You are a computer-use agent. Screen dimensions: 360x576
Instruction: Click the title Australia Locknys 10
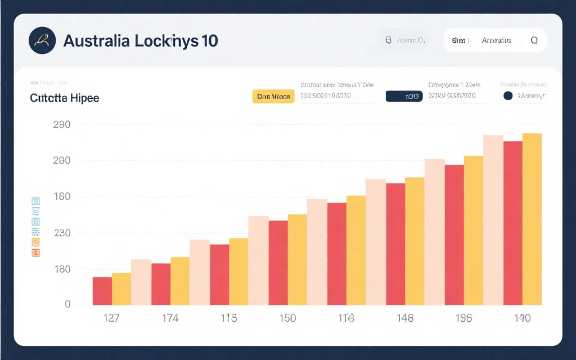tap(141, 41)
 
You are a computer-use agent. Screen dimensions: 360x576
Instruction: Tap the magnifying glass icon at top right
tap(534, 40)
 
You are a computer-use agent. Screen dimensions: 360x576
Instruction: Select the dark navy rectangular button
tap(404, 96)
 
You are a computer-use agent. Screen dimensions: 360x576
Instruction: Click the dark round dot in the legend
tap(508, 96)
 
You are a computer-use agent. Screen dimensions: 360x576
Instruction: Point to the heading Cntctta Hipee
tap(64, 98)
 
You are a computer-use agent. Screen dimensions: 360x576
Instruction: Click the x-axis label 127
tap(111, 318)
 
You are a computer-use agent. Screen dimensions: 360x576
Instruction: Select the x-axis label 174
tap(170, 318)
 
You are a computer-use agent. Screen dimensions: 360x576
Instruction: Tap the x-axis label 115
tap(228, 318)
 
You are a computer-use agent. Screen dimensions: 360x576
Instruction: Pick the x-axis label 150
tap(287, 318)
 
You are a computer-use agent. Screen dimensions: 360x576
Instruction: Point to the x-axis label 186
tap(463, 318)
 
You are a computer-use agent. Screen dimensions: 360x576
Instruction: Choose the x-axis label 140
tap(522, 318)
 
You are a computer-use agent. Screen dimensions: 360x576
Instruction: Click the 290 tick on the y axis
tap(61, 125)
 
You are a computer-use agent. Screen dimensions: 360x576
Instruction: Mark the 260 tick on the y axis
tap(61, 161)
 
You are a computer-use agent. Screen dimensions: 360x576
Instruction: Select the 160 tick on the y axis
tap(61, 197)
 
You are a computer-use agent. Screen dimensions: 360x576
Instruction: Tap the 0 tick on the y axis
tap(67, 304)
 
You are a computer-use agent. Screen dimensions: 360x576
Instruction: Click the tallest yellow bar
tap(532, 219)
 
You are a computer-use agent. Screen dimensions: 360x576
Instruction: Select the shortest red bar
tap(102, 291)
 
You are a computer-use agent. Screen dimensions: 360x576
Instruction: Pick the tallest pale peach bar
tap(493, 220)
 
